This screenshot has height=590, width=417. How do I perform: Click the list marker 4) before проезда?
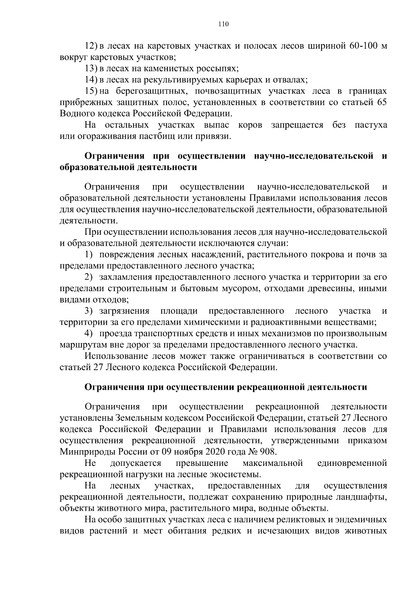click(89, 334)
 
